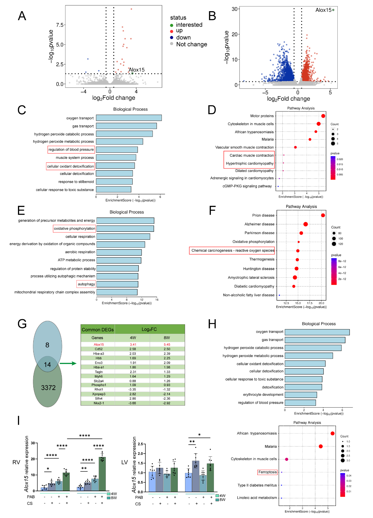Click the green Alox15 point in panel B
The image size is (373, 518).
333,10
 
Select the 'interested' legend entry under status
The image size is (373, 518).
189,25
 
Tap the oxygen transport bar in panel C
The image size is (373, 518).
129,118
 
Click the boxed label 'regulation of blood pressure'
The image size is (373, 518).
71,150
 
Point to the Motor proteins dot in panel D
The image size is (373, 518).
323,116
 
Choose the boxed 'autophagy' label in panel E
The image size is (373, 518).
86,284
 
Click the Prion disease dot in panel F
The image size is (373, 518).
323,215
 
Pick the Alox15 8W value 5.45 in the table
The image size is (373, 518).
167,345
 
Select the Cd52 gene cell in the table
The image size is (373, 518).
99,349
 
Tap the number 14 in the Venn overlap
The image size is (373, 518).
47,365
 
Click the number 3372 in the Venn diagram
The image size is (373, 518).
48,388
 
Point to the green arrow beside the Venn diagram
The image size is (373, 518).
68,364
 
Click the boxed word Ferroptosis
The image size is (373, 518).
267,472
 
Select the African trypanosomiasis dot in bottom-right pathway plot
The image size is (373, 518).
332,433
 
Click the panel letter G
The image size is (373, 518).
22,324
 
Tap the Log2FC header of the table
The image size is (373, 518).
149,329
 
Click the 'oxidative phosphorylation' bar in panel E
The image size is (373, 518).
125,229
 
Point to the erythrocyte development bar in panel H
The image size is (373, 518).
301,395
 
